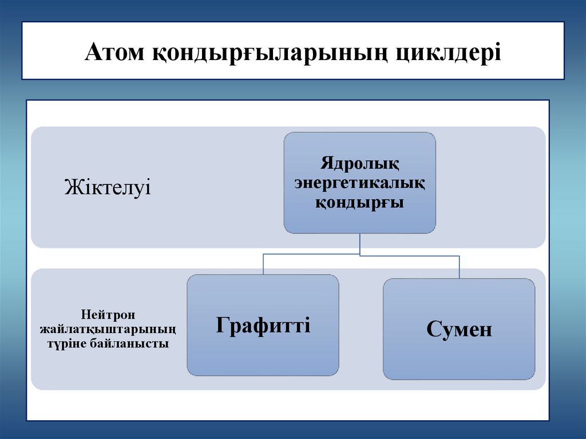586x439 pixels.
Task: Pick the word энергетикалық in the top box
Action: tap(359, 183)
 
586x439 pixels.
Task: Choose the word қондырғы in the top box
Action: tap(359, 203)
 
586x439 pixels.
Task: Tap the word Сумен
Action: tap(459, 330)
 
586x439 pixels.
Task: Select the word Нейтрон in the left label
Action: tap(107, 315)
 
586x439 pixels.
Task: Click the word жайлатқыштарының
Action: tap(107, 330)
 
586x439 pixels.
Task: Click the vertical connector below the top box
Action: tap(359, 244)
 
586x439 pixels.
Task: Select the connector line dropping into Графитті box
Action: tap(263, 264)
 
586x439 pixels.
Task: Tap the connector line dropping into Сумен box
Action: tap(459, 267)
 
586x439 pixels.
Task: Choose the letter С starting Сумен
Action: tap(433, 330)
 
